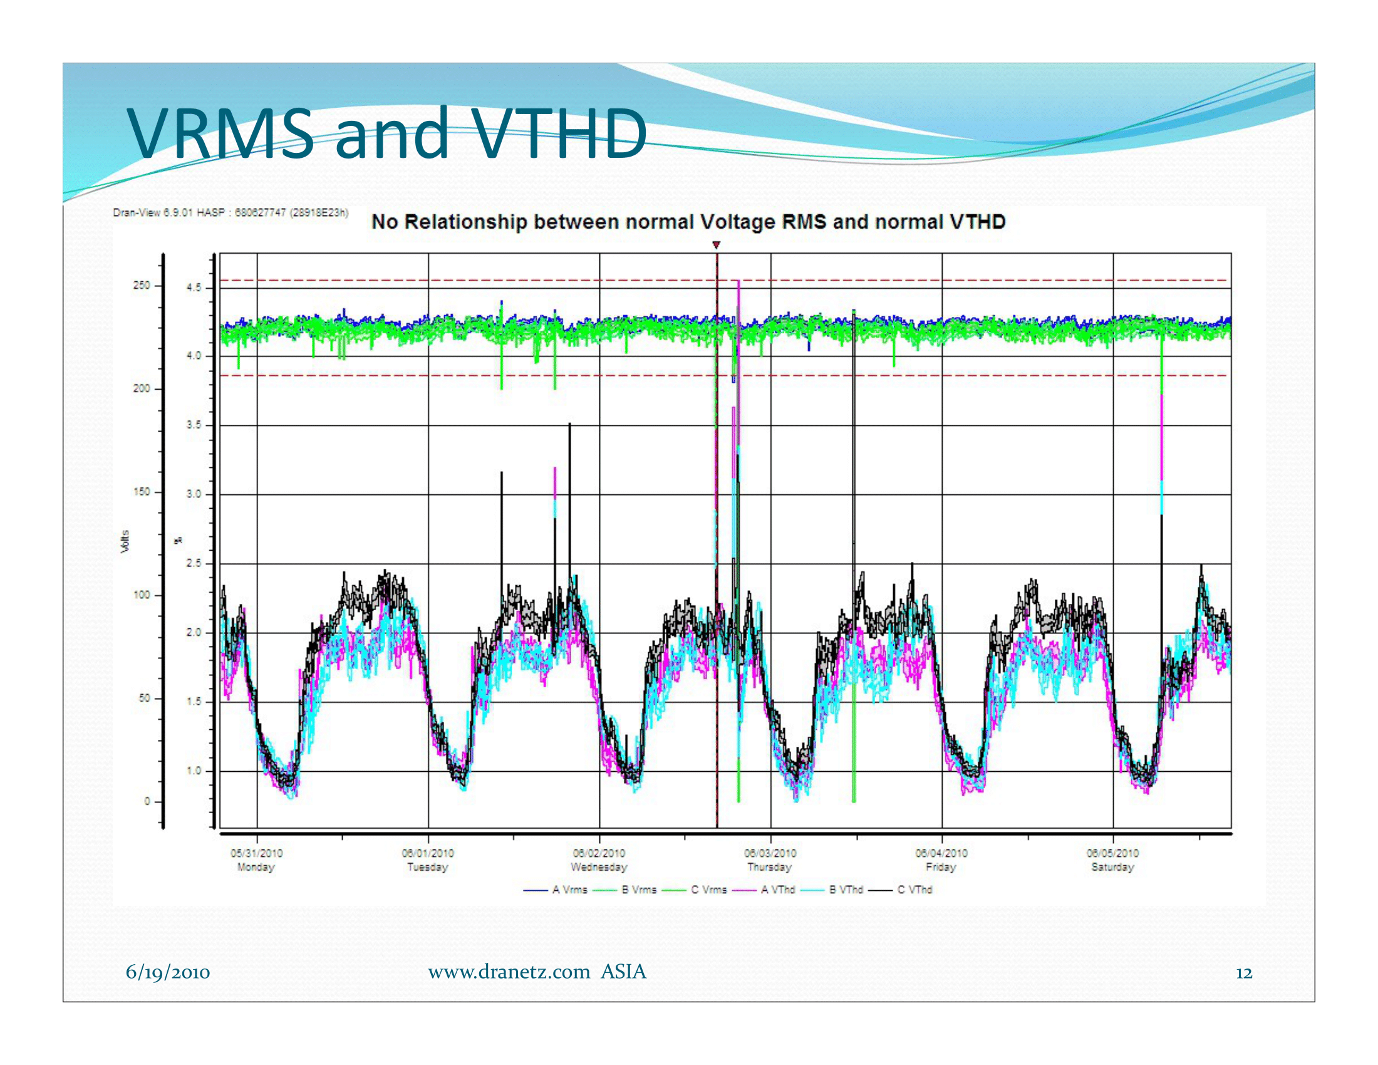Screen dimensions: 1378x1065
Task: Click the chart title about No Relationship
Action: (688, 222)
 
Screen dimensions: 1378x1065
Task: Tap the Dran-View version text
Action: (231, 212)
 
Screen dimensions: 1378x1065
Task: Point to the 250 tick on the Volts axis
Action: (142, 285)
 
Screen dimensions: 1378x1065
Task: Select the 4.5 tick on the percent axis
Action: (194, 288)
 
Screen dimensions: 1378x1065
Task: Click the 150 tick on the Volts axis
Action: (142, 492)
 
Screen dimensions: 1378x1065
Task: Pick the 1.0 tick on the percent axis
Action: (194, 771)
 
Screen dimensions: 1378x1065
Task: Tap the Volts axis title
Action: (125, 542)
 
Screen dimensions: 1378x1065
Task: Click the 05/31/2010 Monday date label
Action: (256, 860)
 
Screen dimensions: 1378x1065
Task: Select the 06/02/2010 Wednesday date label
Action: (599, 860)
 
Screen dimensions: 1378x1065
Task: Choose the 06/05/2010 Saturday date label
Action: (1113, 860)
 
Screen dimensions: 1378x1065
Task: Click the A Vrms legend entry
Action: (555, 890)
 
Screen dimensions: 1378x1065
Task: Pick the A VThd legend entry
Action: (763, 890)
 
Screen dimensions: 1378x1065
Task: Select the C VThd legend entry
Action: (900, 890)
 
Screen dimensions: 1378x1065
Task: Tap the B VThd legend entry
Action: (832, 890)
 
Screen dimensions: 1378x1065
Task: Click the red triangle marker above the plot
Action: (716, 245)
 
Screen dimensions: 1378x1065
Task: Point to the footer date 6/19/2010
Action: (168, 972)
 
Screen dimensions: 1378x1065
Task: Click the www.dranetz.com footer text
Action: (509, 972)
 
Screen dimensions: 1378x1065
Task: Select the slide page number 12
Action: (1243, 973)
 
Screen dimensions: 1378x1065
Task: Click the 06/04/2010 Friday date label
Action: (941, 860)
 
